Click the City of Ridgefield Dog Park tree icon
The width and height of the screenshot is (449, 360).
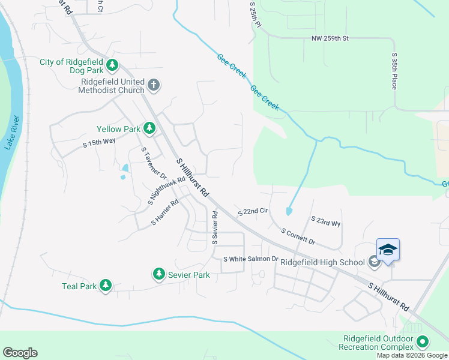click(112, 65)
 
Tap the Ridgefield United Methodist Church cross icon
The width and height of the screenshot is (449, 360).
click(153, 85)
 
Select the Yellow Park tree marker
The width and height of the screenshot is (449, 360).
click(149, 128)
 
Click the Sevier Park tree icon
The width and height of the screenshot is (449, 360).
click(158, 274)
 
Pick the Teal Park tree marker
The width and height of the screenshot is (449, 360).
click(106, 286)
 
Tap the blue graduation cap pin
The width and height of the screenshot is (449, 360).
click(388, 250)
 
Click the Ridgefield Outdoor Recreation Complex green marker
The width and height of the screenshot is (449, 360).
click(423, 342)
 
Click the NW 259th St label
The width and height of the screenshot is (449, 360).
click(330, 38)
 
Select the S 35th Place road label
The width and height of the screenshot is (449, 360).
click(394, 71)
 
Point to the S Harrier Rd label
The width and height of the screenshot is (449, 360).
click(165, 212)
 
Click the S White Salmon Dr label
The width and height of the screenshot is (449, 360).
click(251, 259)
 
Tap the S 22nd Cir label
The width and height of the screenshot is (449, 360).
click(252, 211)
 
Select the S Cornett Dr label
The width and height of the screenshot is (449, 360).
click(298, 236)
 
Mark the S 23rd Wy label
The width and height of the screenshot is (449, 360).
click(325, 221)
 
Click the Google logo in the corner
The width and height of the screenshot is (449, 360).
click(20, 352)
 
